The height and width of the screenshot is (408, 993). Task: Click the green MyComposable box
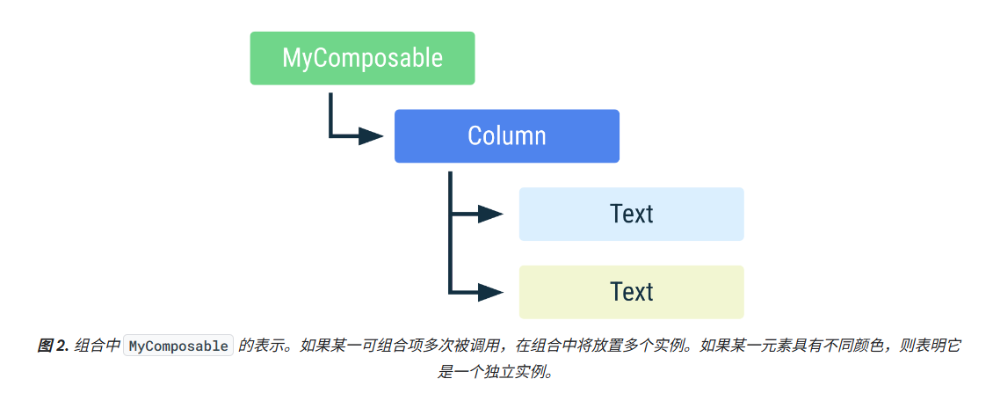click(x=362, y=58)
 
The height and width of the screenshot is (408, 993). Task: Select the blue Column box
click(x=506, y=136)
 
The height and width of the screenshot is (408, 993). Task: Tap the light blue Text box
click(x=631, y=214)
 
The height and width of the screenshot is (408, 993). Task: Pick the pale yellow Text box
click(x=631, y=292)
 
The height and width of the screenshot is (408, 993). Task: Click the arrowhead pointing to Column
click(x=370, y=136)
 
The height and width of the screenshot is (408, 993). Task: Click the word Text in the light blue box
click(x=631, y=214)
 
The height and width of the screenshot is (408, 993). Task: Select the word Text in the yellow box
click(x=631, y=292)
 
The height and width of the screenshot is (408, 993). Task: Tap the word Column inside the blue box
click(x=506, y=136)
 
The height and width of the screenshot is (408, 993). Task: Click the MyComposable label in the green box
click(x=362, y=58)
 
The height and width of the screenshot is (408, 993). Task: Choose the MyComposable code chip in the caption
click(x=178, y=346)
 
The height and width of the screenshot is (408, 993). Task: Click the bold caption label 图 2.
click(x=53, y=346)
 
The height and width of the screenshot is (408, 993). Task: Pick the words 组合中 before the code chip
click(x=97, y=346)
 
